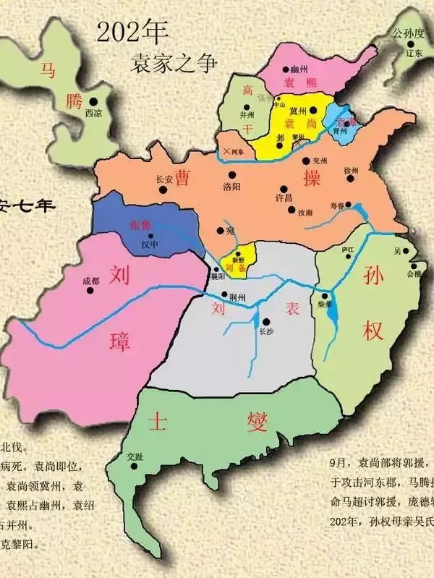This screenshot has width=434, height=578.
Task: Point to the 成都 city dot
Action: (91, 290)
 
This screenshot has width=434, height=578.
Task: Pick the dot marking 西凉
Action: (94, 102)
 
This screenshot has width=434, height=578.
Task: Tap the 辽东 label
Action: (413, 54)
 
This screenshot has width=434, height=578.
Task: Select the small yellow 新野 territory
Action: (237, 262)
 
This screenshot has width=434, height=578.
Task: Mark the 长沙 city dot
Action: (267, 321)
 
